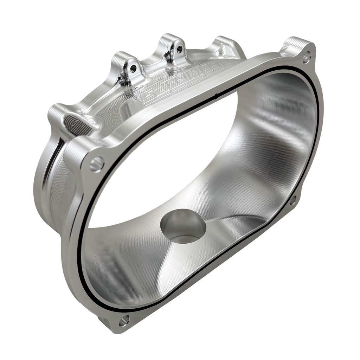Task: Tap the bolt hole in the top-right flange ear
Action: (x=307, y=55)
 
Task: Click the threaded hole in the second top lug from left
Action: (x=133, y=66)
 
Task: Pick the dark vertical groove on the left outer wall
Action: (x=54, y=165)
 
